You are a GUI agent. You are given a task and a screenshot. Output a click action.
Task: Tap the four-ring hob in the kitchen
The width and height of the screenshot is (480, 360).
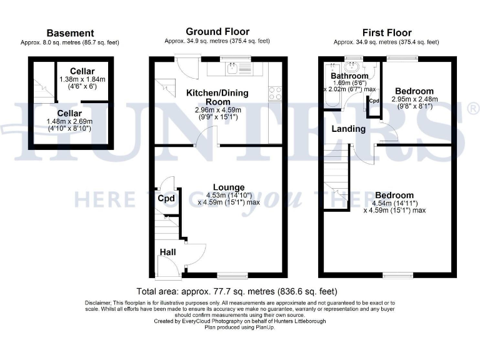pyautogui.click(x=275, y=93)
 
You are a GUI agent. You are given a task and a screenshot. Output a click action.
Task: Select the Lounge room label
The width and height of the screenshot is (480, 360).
pyautogui.click(x=229, y=187)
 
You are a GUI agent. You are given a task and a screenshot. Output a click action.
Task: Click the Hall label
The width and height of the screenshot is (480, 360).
pyautogui.click(x=167, y=252)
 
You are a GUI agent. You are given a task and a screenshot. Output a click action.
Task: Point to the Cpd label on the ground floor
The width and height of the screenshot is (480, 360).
pyautogui.click(x=166, y=199)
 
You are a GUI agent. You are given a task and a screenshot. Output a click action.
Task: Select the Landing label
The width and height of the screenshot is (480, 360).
pyautogui.click(x=348, y=129)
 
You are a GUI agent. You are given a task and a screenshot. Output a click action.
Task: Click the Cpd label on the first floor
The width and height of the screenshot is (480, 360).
pyautogui.click(x=374, y=101)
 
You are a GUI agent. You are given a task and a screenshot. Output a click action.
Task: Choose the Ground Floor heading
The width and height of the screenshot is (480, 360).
pyautogui.click(x=217, y=31)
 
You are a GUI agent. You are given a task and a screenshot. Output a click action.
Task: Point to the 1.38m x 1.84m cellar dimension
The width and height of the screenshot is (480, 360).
pyautogui.click(x=82, y=80)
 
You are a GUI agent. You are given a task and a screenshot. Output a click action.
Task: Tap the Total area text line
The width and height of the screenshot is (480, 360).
pyautogui.click(x=237, y=291)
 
